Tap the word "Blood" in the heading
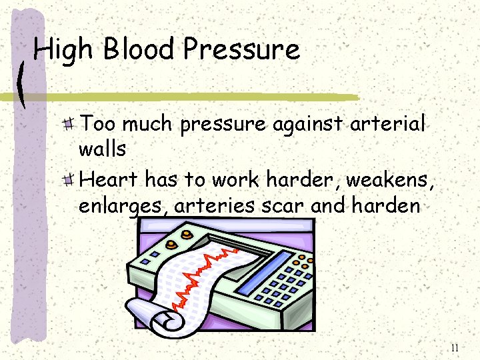[139, 50]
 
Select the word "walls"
[102, 149]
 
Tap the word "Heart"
[109, 179]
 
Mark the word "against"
[306, 124]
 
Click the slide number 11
[455, 347]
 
